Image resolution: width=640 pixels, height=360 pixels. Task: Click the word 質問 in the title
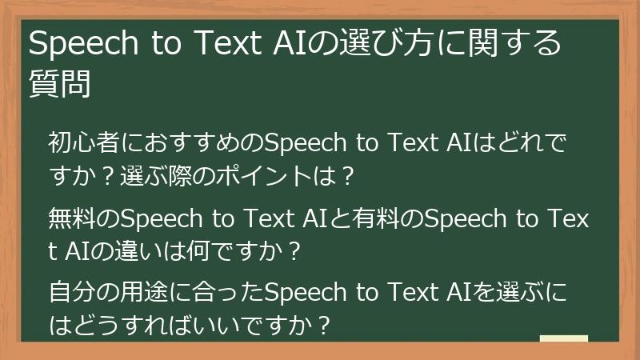tap(59, 83)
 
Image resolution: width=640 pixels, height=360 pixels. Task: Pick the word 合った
tap(226, 294)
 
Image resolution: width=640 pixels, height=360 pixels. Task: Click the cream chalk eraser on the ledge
tap(563, 338)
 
